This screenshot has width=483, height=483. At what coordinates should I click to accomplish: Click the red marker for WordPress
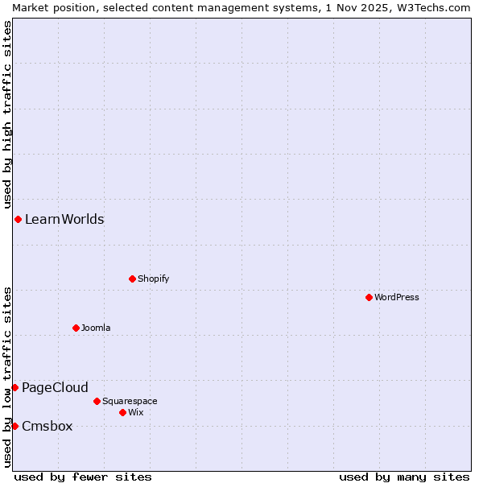[369, 297]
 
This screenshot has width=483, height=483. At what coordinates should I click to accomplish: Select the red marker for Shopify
[132, 279]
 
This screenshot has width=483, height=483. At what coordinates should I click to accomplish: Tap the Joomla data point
[76, 328]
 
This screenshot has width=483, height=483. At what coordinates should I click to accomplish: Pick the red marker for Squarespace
[97, 401]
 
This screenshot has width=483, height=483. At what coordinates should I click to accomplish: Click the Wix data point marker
[122, 412]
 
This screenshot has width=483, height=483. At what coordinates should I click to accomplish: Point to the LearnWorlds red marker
[18, 219]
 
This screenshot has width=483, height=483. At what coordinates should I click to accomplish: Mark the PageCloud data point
[14, 387]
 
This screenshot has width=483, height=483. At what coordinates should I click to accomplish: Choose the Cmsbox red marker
[14, 426]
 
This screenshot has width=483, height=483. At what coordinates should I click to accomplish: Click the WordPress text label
[397, 297]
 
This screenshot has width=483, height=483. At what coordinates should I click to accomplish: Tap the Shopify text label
[153, 279]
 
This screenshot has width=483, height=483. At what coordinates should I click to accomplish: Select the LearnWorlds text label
[64, 219]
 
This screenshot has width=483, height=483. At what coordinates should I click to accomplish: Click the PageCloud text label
[55, 387]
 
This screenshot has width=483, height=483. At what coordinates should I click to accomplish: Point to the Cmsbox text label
[47, 426]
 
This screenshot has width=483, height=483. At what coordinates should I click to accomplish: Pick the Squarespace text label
[130, 401]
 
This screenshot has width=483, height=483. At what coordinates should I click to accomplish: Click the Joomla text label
[96, 328]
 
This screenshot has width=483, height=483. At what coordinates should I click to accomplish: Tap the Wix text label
[136, 412]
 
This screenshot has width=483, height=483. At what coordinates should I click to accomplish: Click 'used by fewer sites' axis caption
[83, 477]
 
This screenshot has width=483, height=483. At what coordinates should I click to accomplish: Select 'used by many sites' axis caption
[404, 477]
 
